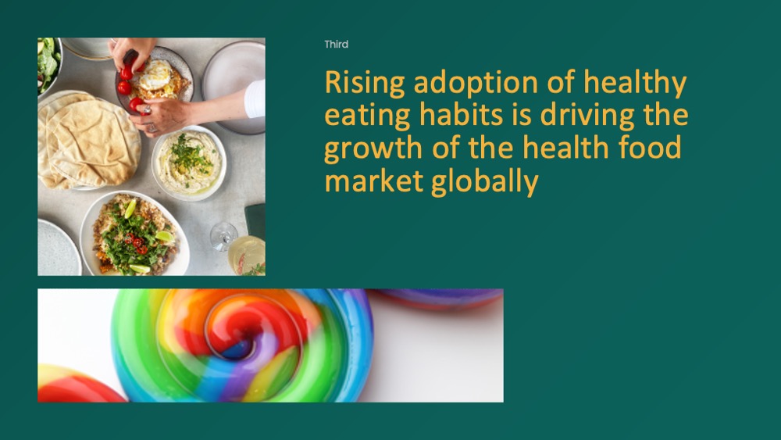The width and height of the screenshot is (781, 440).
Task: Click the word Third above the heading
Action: pyautogui.click(x=336, y=45)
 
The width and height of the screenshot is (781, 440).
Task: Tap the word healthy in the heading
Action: pyautogui.click(x=635, y=83)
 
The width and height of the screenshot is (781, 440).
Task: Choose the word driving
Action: pyautogui.click(x=587, y=116)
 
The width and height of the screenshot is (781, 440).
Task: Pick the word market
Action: pyautogui.click(x=374, y=181)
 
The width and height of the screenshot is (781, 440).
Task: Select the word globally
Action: pyautogui.click(x=485, y=181)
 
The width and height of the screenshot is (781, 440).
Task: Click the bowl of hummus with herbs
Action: pyautogui.click(x=189, y=163)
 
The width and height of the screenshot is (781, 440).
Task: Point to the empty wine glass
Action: pyautogui.click(x=223, y=236)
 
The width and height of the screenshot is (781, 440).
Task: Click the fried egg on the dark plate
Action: pyautogui.click(x=155, y=75)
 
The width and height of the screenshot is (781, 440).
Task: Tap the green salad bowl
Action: pyautogui.click(x=48, y=65)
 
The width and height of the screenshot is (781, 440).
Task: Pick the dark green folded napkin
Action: pyautogui.click(x=255, y=220)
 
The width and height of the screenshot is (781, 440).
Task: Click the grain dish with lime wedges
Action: pyautogui.click(x=134, y=233)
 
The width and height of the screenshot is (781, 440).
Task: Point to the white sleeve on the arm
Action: pyautogui.click(x=255, y=98)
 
